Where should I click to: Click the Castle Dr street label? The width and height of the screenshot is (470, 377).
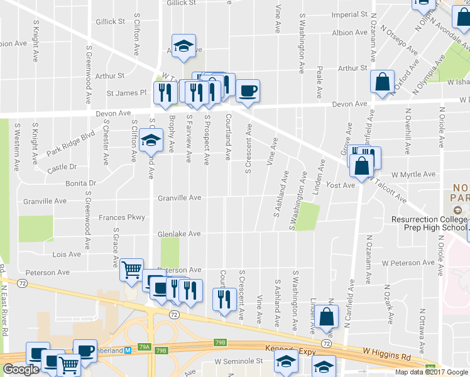click(62, 167)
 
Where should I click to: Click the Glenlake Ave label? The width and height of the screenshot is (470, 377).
click(180, 234)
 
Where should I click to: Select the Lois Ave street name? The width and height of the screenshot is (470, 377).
click(67, 254)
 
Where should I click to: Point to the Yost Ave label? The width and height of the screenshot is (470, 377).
click(341, 185)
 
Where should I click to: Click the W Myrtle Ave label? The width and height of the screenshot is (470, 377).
click(413, 174)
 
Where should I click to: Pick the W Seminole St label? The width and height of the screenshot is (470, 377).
click(238, 361)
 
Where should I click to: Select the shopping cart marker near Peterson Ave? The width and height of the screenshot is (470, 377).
click(131, 270)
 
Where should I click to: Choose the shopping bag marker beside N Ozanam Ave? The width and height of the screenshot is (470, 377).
click(382, 82)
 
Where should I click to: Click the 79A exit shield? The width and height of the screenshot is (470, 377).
click(145, 346)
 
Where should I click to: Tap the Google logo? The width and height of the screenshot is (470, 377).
click(21, 369)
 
